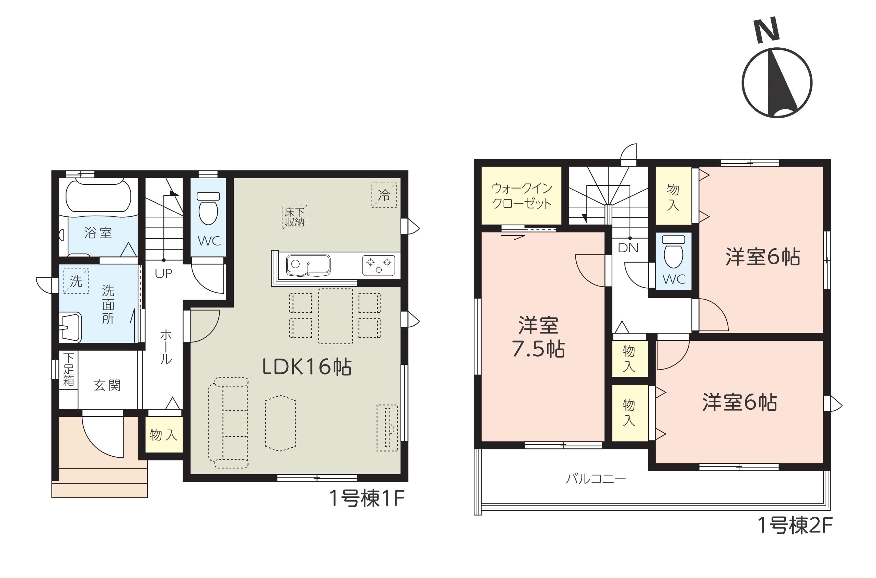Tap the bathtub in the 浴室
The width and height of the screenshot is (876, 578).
98,196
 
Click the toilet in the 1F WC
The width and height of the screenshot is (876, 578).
208,208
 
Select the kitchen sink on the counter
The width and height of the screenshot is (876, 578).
308,265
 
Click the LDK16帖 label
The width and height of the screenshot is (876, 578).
307,367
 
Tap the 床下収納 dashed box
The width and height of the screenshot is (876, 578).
295,217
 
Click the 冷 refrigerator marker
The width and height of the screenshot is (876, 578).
384,195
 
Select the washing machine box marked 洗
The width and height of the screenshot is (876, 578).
76,281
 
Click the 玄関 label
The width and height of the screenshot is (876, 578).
107,386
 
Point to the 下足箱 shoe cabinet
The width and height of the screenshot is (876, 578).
68,370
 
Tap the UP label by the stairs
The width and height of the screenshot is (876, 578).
163,274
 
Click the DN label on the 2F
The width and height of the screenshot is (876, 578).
628,248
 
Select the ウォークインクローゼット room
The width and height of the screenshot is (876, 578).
521,195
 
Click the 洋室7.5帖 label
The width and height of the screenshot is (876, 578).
538,337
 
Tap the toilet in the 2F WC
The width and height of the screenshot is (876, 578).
673,251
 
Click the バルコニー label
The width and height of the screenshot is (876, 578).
596,479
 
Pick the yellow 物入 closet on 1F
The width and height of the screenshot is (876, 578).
164,435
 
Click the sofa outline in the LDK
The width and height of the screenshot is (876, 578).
228,423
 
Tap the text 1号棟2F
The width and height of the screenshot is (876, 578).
795,525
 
